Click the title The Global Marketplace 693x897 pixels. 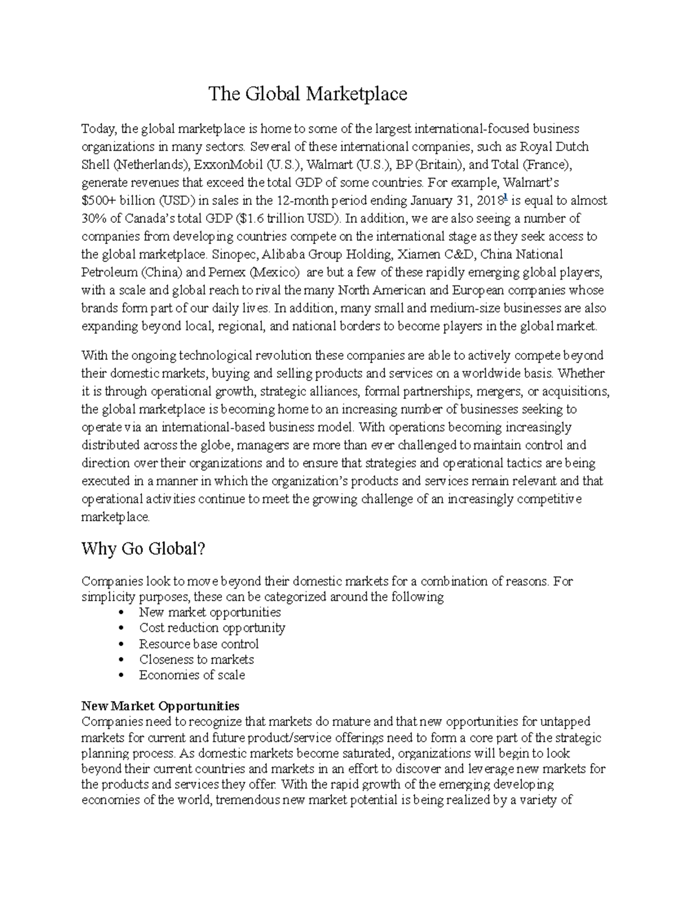tap(307, 94)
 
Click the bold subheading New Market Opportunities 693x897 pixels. tap(160, 706)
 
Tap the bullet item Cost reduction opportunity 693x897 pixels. tap(212, 628)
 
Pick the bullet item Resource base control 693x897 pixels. tap(199, 644)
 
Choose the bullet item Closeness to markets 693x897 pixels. tap(196, 660)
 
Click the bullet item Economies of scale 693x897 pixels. tap(192, 675)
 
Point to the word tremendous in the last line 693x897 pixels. tap(248, 801)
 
